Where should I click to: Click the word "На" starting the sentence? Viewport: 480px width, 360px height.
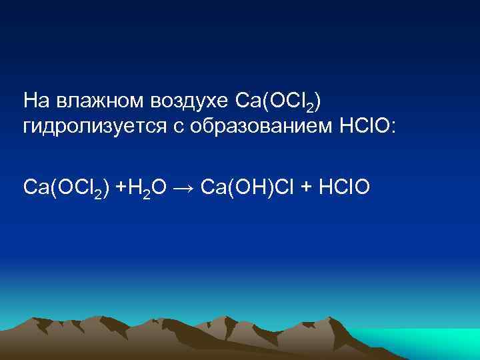(35, 101)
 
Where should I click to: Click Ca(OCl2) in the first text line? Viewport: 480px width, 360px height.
(279, 102)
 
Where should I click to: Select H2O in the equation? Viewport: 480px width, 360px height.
(143, 189)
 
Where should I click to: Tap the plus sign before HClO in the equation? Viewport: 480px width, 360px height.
(307, 189)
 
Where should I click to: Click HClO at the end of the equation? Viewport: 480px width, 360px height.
(347, 189)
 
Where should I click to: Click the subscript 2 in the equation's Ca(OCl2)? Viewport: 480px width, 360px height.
(97, 194)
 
